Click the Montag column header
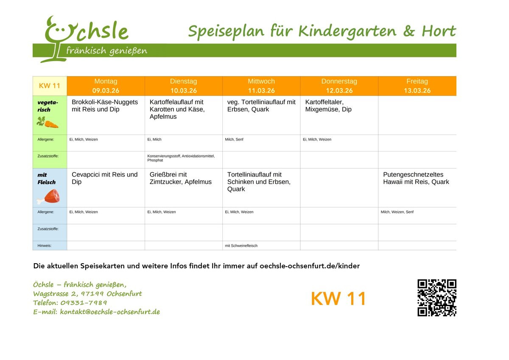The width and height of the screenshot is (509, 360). point(106,81)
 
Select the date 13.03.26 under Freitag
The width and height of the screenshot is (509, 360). point(417,90)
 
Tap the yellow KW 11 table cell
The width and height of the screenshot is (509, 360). point(50,86)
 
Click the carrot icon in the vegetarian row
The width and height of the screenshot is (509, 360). point(48,123)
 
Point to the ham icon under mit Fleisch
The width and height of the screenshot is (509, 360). point(49,196)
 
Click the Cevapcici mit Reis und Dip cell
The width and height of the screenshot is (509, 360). point(105,178)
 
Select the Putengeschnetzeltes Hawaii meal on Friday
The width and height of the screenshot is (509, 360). point(416,178)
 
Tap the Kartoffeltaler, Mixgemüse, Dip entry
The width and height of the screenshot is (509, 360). point(328,106)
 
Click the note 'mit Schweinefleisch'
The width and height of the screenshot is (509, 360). point(241,246)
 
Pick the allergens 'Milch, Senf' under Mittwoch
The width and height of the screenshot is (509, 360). point(234,139)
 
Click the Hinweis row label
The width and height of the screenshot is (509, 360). point(45,246)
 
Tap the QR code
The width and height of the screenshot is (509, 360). point(436,298)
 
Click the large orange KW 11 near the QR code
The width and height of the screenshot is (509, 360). point(338,299)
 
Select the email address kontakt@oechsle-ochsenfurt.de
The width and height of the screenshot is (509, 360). point(110,312)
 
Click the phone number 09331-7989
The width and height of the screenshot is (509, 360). point(84,303)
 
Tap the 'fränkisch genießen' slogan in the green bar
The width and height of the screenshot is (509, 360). point(107,51)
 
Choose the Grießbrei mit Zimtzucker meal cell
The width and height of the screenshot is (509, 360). point(181,178)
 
